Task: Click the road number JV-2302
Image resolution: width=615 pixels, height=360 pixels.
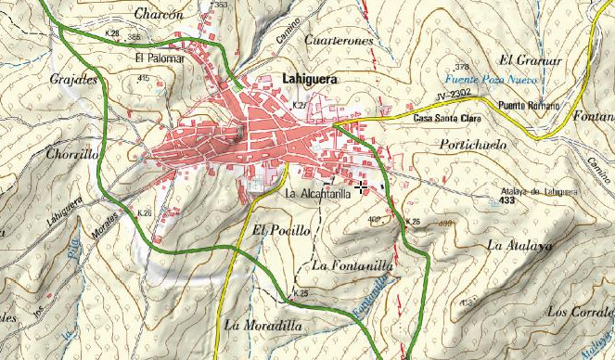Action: click(452, 95)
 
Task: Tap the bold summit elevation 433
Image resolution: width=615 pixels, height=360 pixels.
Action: click(506, 200)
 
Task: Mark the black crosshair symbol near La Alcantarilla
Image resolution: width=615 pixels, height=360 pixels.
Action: click(361, 187)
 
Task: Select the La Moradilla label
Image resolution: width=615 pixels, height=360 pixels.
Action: click(263, 325)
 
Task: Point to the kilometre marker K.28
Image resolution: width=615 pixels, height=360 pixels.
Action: click(112, 32)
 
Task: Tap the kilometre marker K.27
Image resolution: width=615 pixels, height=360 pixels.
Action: click(299, 107)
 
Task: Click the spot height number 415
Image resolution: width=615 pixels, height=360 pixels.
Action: click(143, 79)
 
